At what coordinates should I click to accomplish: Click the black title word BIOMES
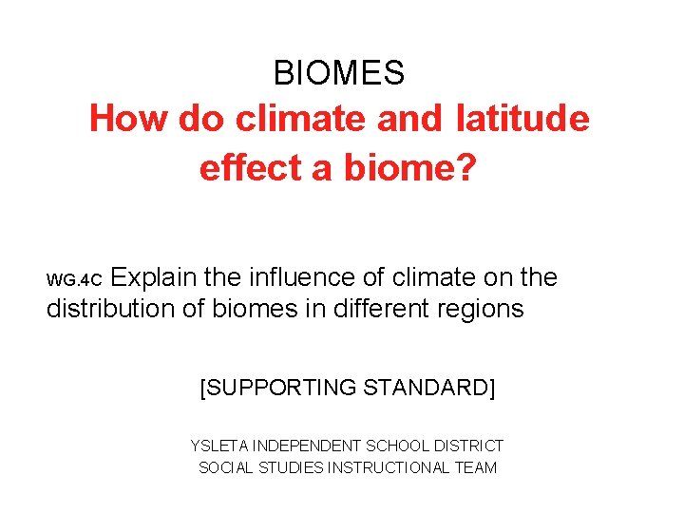tap(339, 72)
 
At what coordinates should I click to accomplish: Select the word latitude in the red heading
tap(522, 120)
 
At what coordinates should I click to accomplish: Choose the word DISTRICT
tap(468, 446)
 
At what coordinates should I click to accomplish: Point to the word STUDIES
tap(289, 467)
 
